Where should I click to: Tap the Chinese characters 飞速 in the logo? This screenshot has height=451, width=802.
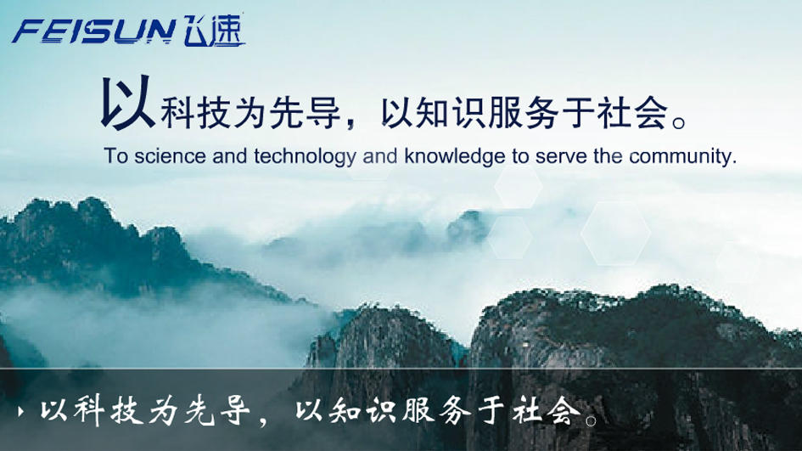(x=214, y=30)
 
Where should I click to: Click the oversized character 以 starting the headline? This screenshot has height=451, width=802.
(x=127, y=102)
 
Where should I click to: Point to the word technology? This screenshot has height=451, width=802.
(x=305, y=156)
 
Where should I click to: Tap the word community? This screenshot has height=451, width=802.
(x=682, y=156)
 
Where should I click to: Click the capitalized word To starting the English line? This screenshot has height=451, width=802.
(x=115, y=156)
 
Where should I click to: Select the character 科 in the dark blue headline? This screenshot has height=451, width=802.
(x=177, y=113)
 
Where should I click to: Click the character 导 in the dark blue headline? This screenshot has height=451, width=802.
(x=322, y=113)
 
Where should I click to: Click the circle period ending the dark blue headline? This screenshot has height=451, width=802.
(x=679, y=123)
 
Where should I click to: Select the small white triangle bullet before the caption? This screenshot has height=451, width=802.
(x=20, y=411)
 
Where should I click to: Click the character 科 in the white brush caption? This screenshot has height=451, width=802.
(x=89, y=410)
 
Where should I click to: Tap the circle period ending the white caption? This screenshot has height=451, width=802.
(x=591, y=420)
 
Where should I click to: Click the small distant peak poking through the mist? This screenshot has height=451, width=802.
(x=467, y=224)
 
